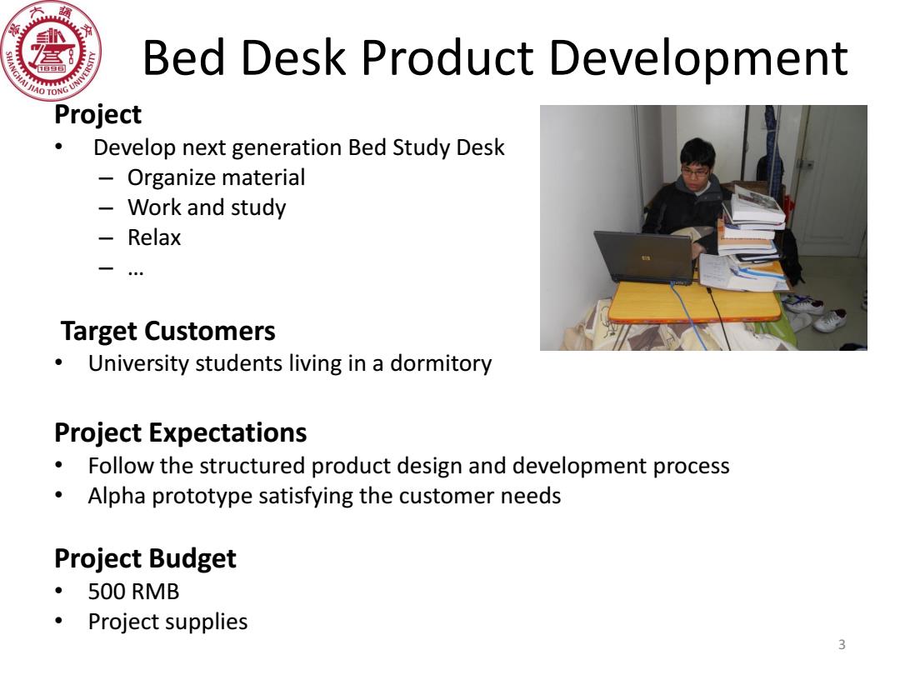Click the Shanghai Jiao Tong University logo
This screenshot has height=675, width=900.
(x=51, y=51)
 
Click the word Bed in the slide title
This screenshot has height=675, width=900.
(x=183, y=58)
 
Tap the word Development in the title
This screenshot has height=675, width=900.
(x=698, y=59)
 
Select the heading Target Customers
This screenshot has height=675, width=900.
(x=167, y=331)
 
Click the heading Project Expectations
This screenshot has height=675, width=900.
(x=180, y=433)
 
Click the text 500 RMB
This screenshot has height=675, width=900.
(x=133, y=592)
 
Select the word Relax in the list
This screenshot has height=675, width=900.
(x=154, y=237)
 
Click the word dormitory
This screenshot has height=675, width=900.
(x=441, y=364)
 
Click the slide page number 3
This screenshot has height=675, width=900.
(x=842, y=644)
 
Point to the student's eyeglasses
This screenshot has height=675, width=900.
(x=695, y=171)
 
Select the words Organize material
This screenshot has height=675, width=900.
(x=217, y=178)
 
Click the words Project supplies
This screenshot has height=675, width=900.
(x=167, y=622)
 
